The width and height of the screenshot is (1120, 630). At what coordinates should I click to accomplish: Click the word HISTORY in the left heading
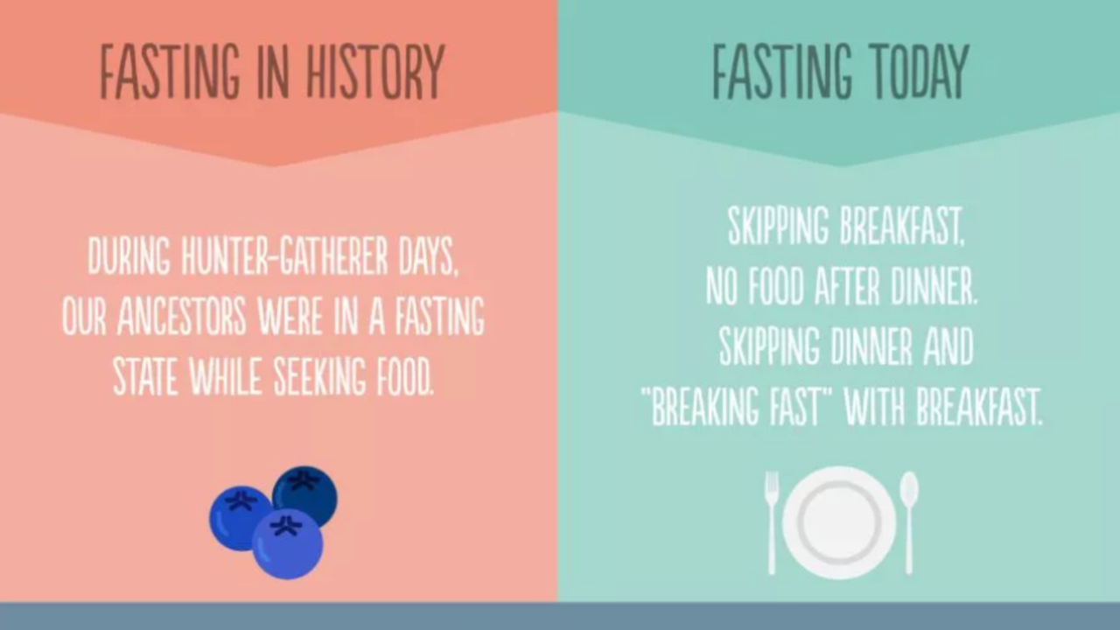coord(375,72)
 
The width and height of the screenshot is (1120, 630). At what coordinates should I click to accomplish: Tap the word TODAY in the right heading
coord(919,72)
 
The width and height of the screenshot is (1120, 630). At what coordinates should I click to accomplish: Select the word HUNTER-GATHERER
coord(284,256)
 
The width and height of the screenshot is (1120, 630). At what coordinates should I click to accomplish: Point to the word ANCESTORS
coord(181,316)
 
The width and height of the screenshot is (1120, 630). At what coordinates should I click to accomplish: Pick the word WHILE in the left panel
coord(226,376)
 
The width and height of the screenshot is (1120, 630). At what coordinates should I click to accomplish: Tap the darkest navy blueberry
coord(305,495)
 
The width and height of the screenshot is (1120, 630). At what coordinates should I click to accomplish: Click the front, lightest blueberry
coord(288,543)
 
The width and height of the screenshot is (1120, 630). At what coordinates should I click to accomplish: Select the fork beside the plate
coord(772,522)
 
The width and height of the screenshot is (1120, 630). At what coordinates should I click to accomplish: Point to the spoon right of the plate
coord(909,522)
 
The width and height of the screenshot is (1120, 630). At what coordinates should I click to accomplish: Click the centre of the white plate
coord(839,522)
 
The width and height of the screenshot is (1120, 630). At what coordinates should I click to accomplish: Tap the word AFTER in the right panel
coord(846,286)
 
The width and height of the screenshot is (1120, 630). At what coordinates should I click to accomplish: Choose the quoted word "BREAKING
coord(700,407)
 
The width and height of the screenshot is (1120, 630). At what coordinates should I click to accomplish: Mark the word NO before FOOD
coord(721,286)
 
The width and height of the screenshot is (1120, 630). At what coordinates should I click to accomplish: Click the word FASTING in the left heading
coord(170,72)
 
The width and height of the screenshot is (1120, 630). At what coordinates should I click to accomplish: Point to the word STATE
coord(145,376)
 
